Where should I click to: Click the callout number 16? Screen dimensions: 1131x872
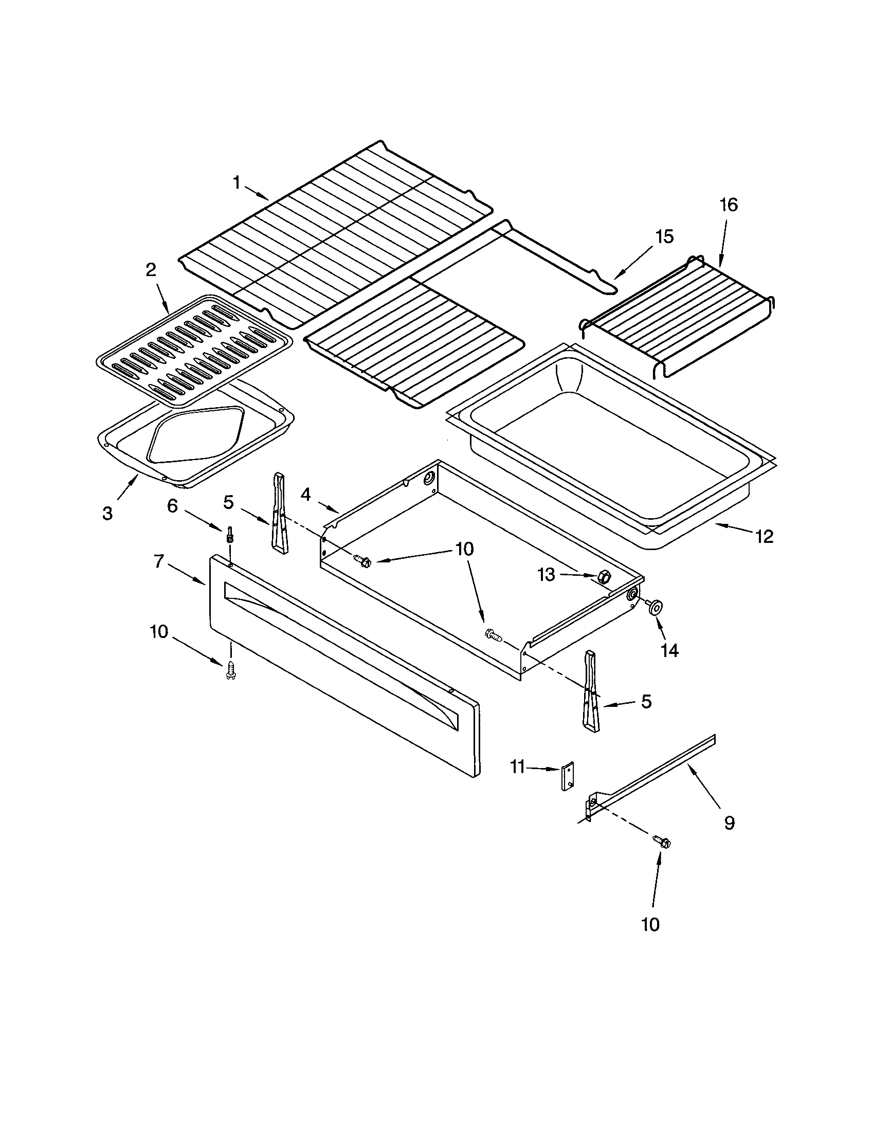click(729, 205)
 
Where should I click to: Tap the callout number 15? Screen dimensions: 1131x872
click(664, 236)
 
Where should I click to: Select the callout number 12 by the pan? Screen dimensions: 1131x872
click(765, 537)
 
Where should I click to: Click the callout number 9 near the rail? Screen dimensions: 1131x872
click(729, 823)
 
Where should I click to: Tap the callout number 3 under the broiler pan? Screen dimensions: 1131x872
click(107, 513)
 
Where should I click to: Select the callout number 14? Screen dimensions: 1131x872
click(669, 650)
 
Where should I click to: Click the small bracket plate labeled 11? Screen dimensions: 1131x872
click(568, 776)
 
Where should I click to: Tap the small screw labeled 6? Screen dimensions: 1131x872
click(229, 534)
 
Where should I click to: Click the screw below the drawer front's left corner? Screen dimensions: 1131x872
click(231, 670)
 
